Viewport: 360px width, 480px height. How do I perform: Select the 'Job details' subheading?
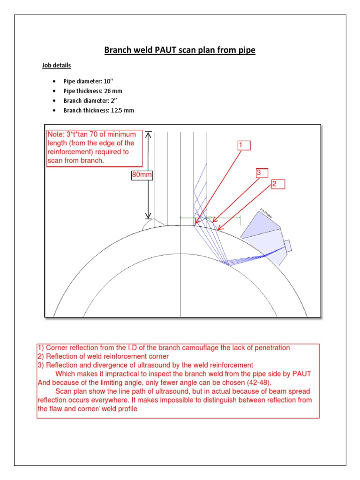(57, 66)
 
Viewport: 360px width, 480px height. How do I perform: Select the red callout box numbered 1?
(244, 145)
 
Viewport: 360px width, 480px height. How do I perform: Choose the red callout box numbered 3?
(261, 173)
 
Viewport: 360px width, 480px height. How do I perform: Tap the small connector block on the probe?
(288, 246)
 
